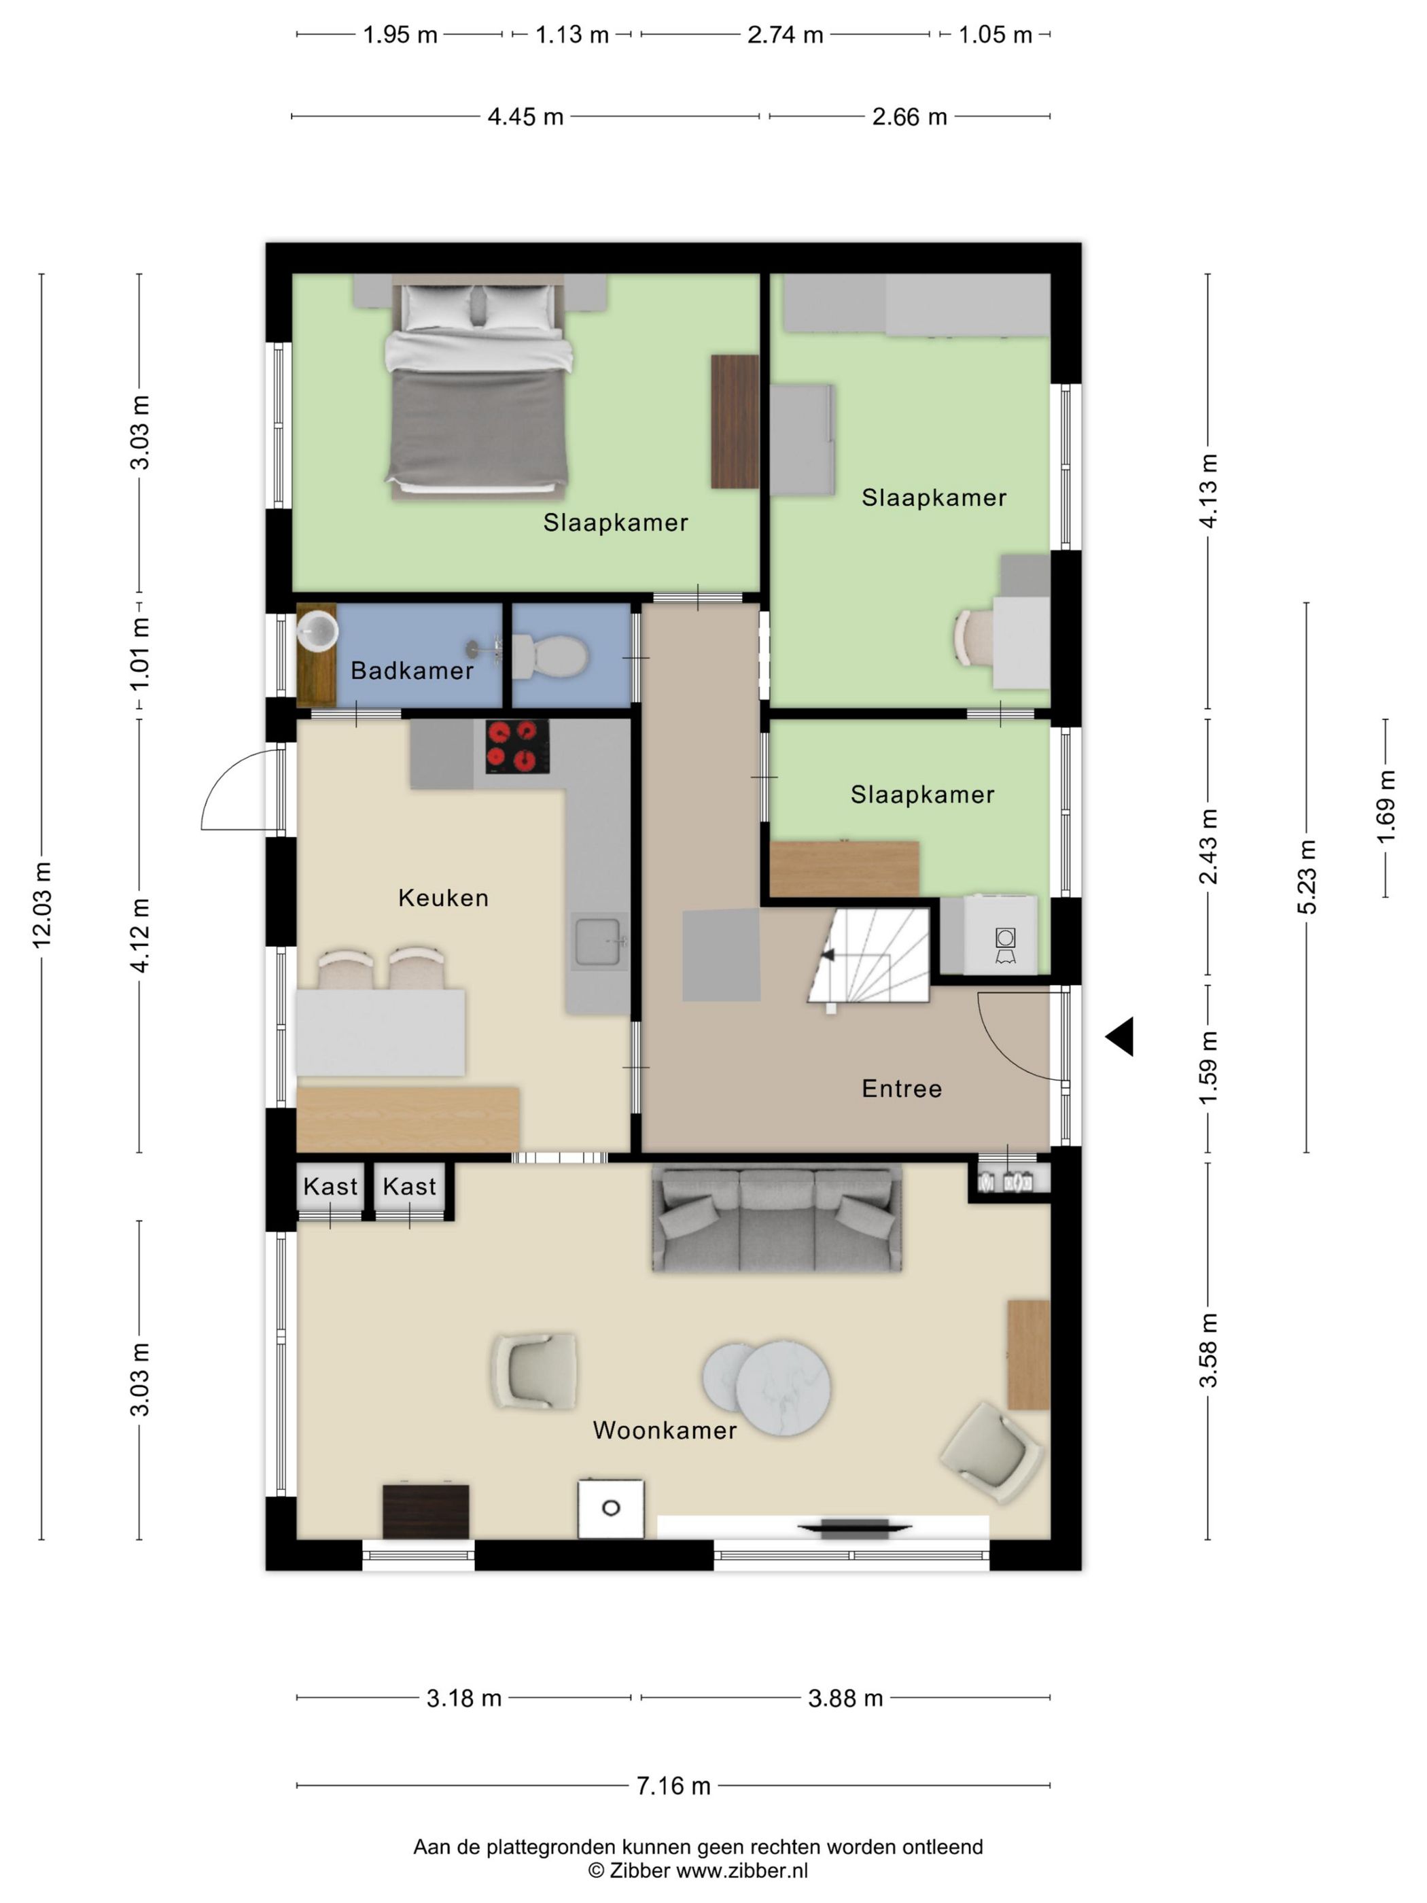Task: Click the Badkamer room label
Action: click(411, 670)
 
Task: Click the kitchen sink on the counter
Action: click(599, 942)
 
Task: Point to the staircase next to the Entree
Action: click(868, 956)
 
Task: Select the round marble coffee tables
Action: click(767, 1388)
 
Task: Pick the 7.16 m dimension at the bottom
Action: click(673, 1786)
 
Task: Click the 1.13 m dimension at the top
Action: click(572, 35)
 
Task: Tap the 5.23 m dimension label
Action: click(1306, 877)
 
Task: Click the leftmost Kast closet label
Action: click(330, 1187)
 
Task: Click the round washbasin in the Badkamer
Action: click(317, 631)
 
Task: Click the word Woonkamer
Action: click(664, 1431)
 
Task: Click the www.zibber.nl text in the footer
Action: click(741, 1870)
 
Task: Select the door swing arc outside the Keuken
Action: click(236, 790)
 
